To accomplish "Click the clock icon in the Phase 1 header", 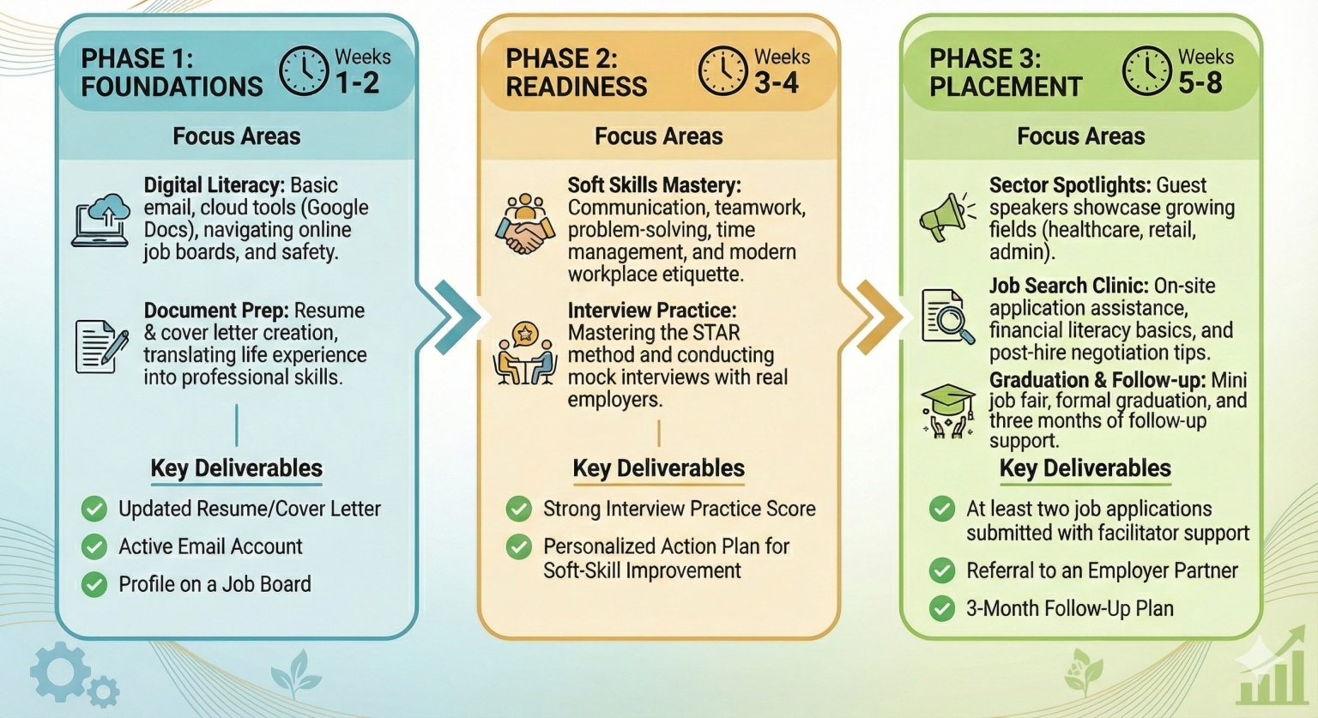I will point(304,71).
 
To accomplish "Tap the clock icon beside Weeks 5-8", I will point(1147,71).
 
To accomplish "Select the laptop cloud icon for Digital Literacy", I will point(101,220).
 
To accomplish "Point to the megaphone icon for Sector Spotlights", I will point(946,217).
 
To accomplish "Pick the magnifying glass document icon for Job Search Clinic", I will point(947,317).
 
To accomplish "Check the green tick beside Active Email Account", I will point(94,546).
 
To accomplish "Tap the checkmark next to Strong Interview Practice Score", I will point(518,509).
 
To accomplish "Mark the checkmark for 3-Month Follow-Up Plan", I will point(942,608).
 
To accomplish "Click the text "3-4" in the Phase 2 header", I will point(777,84).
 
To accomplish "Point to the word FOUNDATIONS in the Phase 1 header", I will point(172,87).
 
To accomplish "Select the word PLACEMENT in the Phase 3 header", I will point(1006,87).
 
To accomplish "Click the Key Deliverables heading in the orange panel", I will point(658,468).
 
